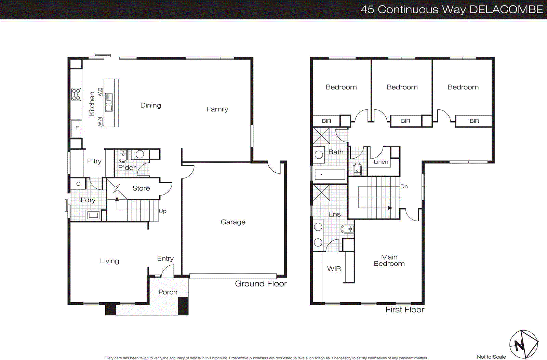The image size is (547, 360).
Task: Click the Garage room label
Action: pos(233,222)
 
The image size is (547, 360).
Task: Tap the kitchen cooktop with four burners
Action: pos(76,94)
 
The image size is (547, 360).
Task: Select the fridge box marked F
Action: pos(77,128)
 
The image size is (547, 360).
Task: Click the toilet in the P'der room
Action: pos(123,156)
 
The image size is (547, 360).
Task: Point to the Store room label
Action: pos(141,188)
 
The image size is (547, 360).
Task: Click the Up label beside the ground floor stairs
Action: pos(163,211)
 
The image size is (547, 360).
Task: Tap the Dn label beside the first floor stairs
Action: pos(404,186)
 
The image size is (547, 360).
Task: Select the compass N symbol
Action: pos(520,345)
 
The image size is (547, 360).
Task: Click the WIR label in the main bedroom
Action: pos(334,269)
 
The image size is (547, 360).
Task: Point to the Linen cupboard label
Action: pos(381,162)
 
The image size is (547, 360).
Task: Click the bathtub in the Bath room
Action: pos(330,174)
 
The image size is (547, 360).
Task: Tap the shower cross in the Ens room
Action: pos(321,192)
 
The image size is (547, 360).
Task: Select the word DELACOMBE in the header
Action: pos(506,9)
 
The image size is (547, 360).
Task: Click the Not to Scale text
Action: pos(491,357)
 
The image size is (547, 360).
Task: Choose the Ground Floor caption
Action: pos(261,283)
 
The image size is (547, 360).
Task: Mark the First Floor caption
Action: pos(405,309)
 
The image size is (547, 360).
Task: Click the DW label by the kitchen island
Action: pos(100,92)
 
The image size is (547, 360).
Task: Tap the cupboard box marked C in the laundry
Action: pos(78,184)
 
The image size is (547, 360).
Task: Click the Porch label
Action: pos(168,292)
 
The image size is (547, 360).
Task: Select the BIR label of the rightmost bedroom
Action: pos(474,121)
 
